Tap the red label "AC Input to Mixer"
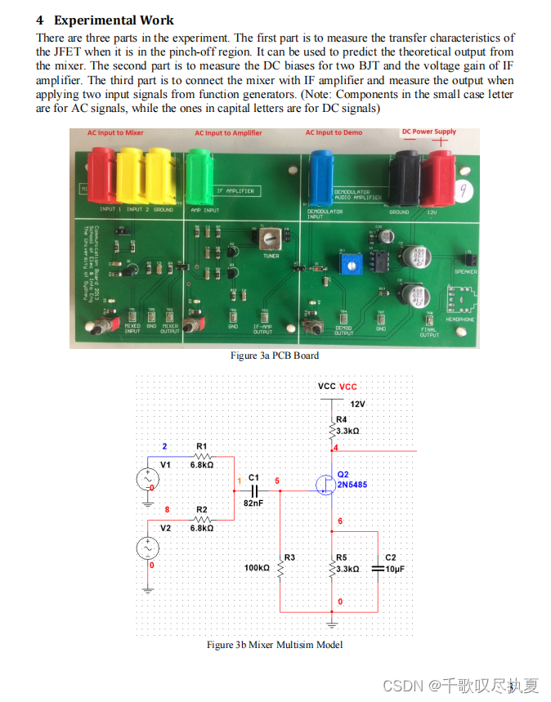point(116,132)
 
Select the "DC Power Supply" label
point(428,132)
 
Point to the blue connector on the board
point(321,171)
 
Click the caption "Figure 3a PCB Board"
point(275,355)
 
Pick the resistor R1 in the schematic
point(202,456)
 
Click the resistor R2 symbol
point(202,520)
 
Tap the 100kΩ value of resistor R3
point(257,567)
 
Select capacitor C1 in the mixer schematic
point(253,490)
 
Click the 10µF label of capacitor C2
point(395,568)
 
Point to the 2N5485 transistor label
point(352,484)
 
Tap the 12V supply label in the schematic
point(357,405)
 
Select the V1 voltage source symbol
point(149,478)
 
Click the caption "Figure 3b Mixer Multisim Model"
point(275,645)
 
